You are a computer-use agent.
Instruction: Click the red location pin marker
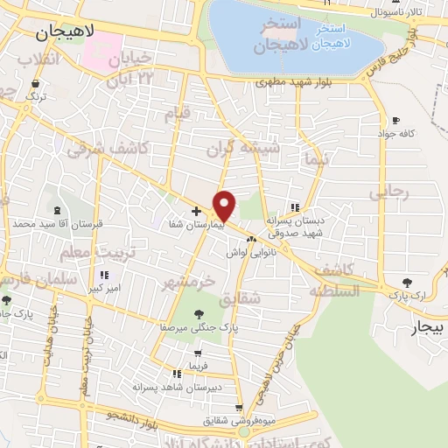tap(225, 205)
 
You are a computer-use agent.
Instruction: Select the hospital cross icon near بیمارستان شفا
tap(196, 211)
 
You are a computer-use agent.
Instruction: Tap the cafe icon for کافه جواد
tap(395, 120)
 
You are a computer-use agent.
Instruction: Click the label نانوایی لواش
tap(251, 252)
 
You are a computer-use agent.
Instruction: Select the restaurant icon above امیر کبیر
tap(104, 275)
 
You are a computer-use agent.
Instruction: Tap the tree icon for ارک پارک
tap(407, 282)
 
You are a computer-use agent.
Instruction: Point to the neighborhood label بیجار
tap(428, 328)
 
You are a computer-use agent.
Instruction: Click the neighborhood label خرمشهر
tap(188, 282)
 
